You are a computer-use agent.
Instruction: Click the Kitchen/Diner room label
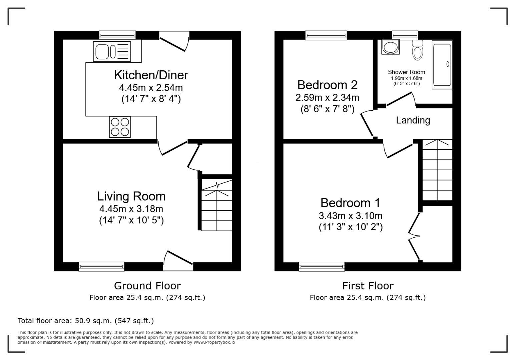coord(151,75)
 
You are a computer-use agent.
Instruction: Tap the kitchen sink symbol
coord(112,52)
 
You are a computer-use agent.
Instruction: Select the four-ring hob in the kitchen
coord(120,127)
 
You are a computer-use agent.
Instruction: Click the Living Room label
coord(131,196)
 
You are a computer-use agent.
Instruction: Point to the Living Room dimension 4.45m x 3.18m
coord(131,209)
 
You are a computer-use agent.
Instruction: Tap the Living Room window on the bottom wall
coord(101,266)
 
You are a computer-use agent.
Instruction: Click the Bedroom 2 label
coord(327,85)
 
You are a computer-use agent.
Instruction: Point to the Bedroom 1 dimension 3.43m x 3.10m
coord(350,216)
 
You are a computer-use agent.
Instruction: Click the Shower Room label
coord(406,72)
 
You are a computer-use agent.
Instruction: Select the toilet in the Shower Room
coord(417,50)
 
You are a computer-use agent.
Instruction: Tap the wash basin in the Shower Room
coord(390,47)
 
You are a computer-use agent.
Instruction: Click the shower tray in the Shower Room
coord(442,65)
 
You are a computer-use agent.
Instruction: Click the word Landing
coord(413,120)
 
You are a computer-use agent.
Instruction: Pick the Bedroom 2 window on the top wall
coord(326,35)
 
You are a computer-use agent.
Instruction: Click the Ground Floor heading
coord(147,286)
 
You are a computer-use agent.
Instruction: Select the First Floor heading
coord(368,286)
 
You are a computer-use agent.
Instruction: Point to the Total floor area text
coord(86,321)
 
